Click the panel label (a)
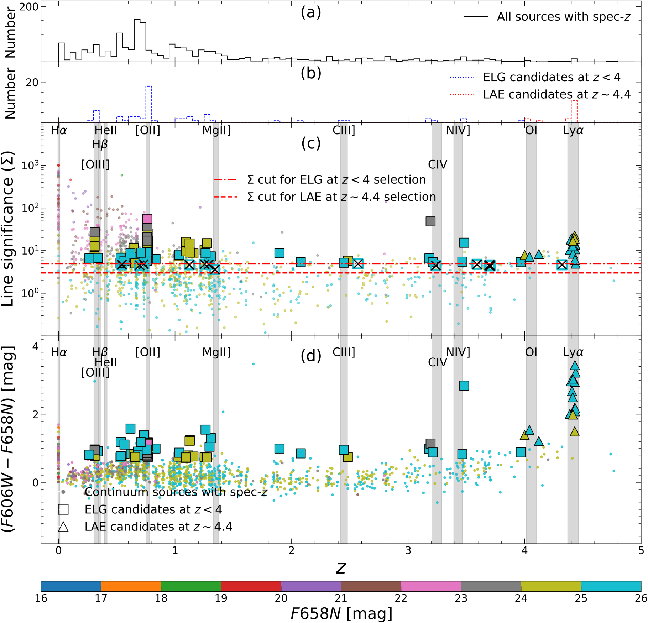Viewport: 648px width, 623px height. [311, 12]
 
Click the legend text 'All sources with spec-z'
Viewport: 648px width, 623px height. [563, 17]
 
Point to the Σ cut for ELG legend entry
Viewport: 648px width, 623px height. [336, 179]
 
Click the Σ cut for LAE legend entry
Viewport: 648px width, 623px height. [341, 197]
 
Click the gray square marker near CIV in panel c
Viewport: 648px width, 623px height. [430, 221]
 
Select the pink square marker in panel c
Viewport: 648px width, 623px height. [147, 219]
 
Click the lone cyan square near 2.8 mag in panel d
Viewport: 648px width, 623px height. [464, 386]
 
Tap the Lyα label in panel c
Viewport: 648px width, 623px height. [573, 130]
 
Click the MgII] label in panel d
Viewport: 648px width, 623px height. [216, 352]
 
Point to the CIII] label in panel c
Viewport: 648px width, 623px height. [344, 130]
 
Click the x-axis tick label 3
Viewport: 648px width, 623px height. [408, 551]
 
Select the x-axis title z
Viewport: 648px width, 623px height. [341, 568]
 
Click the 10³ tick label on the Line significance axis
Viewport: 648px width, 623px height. [30, 166]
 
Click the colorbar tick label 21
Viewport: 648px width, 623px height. [341, 598]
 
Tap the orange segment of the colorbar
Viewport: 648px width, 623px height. [131, 586]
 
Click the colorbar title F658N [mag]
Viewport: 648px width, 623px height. [341, 613]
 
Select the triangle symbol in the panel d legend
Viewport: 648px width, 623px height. [63, 527]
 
